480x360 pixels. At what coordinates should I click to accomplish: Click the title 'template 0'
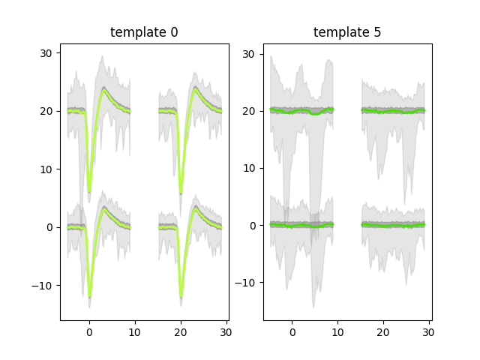tap(144, 32)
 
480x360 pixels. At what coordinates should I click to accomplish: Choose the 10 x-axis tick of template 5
tap(338, 331)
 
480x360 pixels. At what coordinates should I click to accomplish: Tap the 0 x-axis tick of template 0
tap(89, 331)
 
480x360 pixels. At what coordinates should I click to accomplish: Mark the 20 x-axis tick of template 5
tap(384, 331)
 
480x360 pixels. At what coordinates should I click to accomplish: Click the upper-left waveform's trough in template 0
tap(89, 192)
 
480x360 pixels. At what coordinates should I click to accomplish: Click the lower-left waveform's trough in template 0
tap(89, 297)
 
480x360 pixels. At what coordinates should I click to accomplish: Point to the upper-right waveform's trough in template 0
tap(181, 193)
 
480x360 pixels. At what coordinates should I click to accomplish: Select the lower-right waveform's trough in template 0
tap(181, 297)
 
